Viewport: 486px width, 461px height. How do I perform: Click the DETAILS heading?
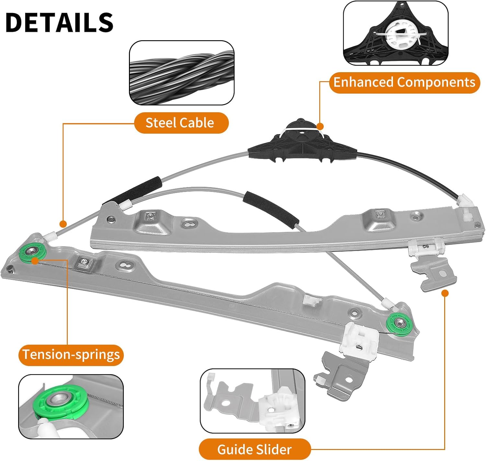click(60, 22)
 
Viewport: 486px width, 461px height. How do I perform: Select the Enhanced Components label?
click(404, 83)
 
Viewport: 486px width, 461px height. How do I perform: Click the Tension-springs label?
click(71, 354)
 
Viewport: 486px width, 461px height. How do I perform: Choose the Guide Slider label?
click(254, 449)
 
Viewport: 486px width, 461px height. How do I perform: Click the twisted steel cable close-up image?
click(181, 73)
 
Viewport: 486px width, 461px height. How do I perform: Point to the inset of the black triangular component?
click(396, 33)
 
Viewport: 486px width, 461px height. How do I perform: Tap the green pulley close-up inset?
click(71, 407)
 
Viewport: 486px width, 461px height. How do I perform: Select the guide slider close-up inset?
click(252, 401)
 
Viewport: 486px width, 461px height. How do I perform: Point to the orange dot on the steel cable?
click(63, 224)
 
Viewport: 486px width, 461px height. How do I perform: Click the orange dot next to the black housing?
click(320, 126)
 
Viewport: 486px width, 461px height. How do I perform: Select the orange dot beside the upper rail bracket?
click(445, 293)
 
